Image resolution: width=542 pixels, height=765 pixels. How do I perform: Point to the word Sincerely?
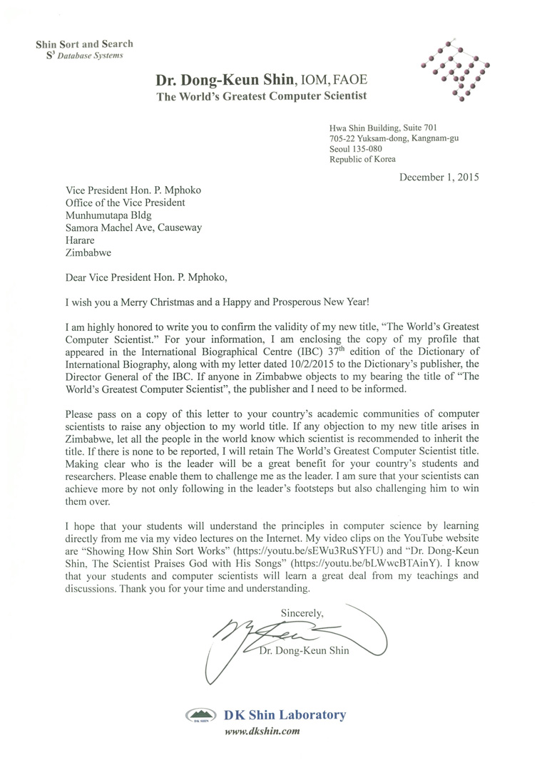(x=302, y=612)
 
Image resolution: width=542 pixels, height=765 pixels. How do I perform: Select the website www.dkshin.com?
(x=262, y=731)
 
